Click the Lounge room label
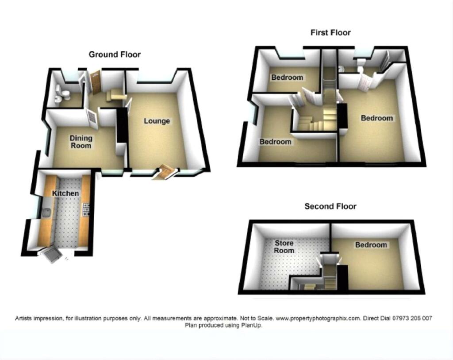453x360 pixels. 157,121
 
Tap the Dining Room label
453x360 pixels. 81,142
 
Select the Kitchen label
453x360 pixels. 65,193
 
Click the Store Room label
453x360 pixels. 284,247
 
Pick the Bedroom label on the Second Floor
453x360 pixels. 371,245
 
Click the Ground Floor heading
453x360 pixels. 115,54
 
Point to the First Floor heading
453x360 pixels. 330,32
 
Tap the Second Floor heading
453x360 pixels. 330,206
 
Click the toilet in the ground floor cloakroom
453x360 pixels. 65,94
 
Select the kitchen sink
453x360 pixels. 46,213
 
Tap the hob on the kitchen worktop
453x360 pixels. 86,209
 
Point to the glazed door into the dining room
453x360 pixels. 92,118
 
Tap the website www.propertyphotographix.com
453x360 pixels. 318,318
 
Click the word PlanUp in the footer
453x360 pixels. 253,325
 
